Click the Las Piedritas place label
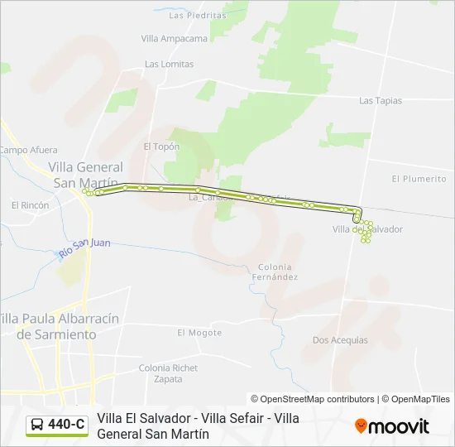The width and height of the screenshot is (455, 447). tap(197, 15)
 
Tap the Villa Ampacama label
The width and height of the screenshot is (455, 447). tap(175, 39)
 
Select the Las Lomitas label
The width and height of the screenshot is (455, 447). tap(169, 64)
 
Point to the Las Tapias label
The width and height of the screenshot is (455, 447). tap(381, 100)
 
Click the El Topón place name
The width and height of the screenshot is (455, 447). tap(161, 147)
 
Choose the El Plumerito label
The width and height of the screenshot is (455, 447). tap(419, 178)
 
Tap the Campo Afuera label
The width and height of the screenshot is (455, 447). tap(28, 150)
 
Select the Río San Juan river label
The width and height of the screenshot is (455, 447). tap(84, 247)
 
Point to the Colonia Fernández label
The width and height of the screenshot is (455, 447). tap(275, 272)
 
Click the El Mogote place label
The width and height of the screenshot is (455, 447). tap(199, 333)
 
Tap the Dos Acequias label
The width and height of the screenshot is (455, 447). tap(340, 340)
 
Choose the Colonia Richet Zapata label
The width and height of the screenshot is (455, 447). tap(168, 373)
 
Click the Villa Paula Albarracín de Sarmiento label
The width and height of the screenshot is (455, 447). tap(60, 326)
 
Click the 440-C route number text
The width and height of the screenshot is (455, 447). tap(66, 425)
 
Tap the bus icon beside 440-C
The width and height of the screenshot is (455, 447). tap(37, 425)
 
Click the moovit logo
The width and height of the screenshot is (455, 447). tap(392, 425)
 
